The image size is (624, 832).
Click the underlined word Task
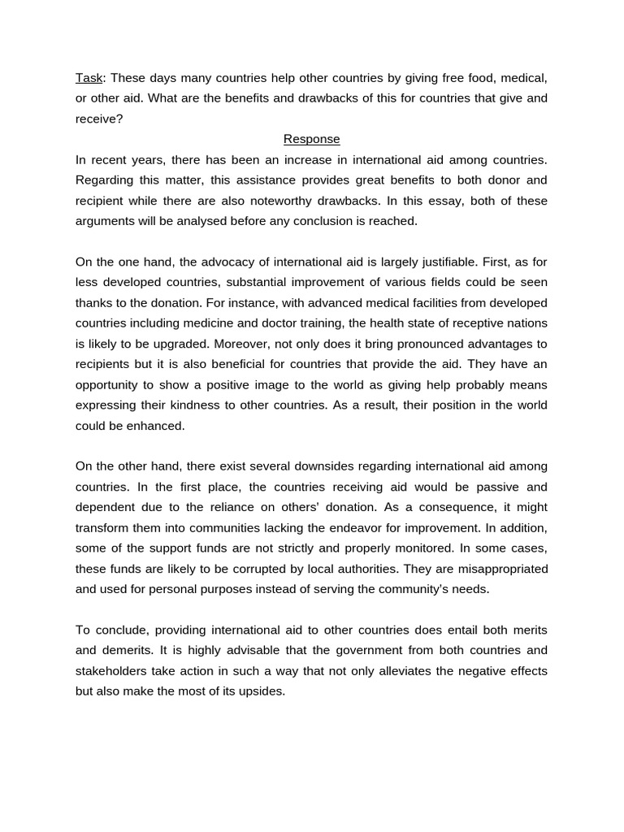click(89, 78)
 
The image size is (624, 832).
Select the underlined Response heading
click(311, 139)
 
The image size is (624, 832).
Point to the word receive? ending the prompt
click(98, 119)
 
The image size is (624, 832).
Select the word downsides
click(366, 466)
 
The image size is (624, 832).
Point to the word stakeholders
click(109, 670)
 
